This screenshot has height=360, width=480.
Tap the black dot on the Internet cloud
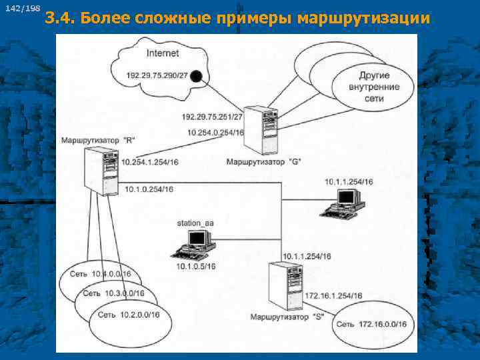click(195, 77)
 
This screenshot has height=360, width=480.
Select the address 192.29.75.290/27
click(154, 75)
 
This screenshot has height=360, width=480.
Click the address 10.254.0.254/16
click(215, 133)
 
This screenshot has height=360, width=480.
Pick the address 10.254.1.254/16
click(151, 162)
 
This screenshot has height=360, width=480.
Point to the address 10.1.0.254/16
click(148, 189)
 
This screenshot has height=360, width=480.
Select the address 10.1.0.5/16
click(195, 267)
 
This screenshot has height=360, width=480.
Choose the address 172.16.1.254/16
click(333, 295)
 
